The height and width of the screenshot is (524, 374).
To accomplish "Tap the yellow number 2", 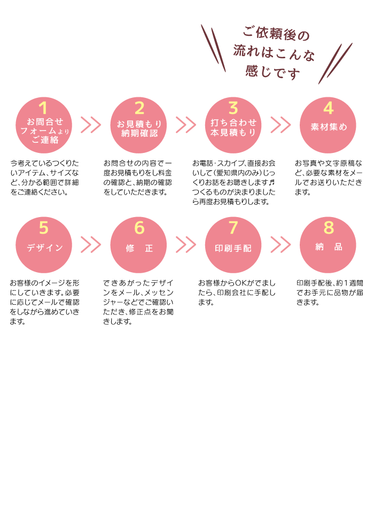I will click(139, 108).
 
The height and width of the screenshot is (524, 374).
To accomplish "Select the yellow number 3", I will click(233, 108).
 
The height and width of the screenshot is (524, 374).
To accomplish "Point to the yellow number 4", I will click(328, 108).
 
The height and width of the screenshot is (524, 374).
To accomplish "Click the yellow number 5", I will click(44, 228).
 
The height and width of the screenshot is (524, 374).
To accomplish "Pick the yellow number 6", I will click(139, 228).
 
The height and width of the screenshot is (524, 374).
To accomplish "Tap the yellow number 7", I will click(233, 228).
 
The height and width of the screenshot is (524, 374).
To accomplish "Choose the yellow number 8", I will click(328, 228).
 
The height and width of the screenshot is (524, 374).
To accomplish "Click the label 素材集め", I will click(329, 127).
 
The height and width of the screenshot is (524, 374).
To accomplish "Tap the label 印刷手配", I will click(233, 248).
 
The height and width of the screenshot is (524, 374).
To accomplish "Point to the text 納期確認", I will click(139, 133).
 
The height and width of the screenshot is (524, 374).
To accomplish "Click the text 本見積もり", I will click(233, 133).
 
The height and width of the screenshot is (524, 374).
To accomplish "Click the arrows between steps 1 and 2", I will click(91, 125).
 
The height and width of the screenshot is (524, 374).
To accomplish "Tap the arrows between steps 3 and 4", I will click(280, 125).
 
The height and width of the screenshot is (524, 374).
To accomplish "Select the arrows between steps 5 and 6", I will click(91, 244).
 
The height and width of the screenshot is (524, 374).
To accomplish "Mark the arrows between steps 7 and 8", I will click(280, 244).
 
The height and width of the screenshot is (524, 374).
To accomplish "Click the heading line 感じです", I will click(273, 71).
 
